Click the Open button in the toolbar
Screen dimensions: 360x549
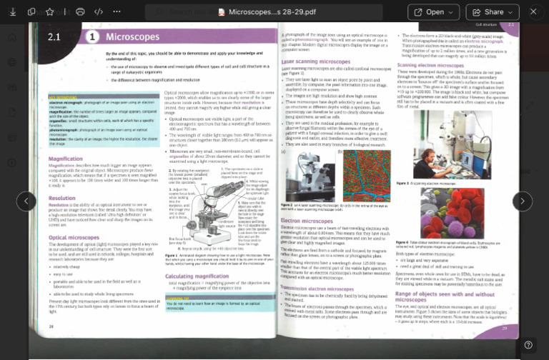(x=433, y=12)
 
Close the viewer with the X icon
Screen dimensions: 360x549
(x=533, y=12)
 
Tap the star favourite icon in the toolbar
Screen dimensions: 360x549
(x=50, y=12)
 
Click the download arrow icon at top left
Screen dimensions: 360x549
(x=12, y=12)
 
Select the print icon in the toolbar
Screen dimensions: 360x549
(x=80, y=12)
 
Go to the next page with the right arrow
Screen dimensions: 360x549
(x=523, y=201)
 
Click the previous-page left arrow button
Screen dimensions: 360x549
(x=26, y=201)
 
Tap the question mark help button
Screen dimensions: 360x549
(x=528, y=345)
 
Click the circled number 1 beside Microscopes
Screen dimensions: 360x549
(x=92, y=36)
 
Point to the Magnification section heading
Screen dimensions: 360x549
(x=65, y=159)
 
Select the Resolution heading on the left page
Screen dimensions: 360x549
(x=62, y=198)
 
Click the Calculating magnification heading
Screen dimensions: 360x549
(x=198, y=276)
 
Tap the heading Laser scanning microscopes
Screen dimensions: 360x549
(x=315, y=61)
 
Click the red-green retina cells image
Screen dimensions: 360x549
(x=366, y=175)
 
